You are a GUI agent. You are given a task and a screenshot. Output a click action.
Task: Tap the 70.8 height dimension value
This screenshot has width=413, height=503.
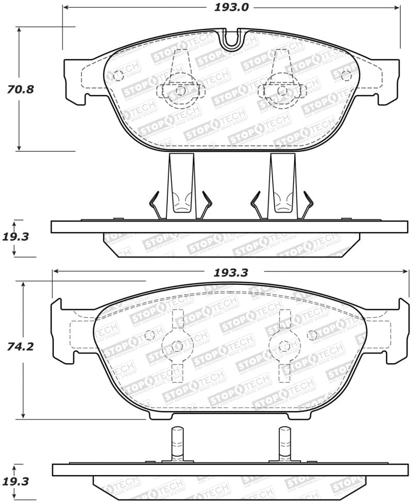pos(20,89)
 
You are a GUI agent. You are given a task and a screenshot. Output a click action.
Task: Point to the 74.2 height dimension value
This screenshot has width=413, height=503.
pos(20,347)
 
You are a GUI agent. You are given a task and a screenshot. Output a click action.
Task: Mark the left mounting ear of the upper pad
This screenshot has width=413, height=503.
pos(75,80)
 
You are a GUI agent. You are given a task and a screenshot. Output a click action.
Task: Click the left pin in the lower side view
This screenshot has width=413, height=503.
pos(177,444)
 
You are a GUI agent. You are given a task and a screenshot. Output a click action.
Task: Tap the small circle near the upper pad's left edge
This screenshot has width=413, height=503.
pos(118,75)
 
